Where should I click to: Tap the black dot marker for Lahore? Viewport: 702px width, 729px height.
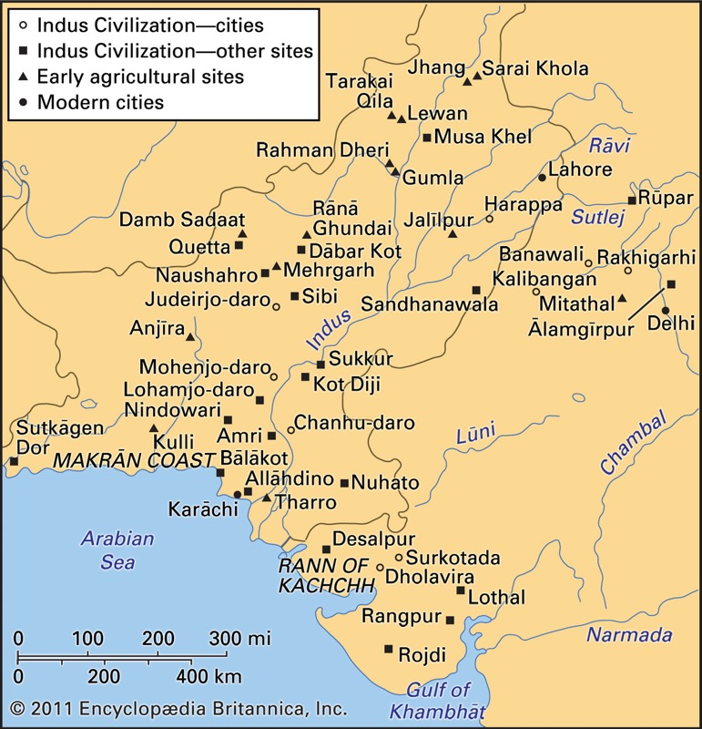coord(542,177)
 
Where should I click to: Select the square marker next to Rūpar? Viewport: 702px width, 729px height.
coord(632,200)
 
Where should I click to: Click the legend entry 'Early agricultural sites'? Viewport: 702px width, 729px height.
coord(140,77)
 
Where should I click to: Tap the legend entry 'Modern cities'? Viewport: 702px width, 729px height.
coord(100,101)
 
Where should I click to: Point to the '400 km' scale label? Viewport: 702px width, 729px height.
coord(202,676)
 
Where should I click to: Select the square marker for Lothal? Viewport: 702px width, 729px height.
coord(461,590)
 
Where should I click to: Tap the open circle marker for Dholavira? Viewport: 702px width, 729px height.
coord(380,568)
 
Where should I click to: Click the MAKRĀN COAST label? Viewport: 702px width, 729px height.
coord(131,461)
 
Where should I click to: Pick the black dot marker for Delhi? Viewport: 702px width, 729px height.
coord(665,310)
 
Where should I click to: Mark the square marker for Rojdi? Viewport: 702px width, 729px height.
coord(389,649)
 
